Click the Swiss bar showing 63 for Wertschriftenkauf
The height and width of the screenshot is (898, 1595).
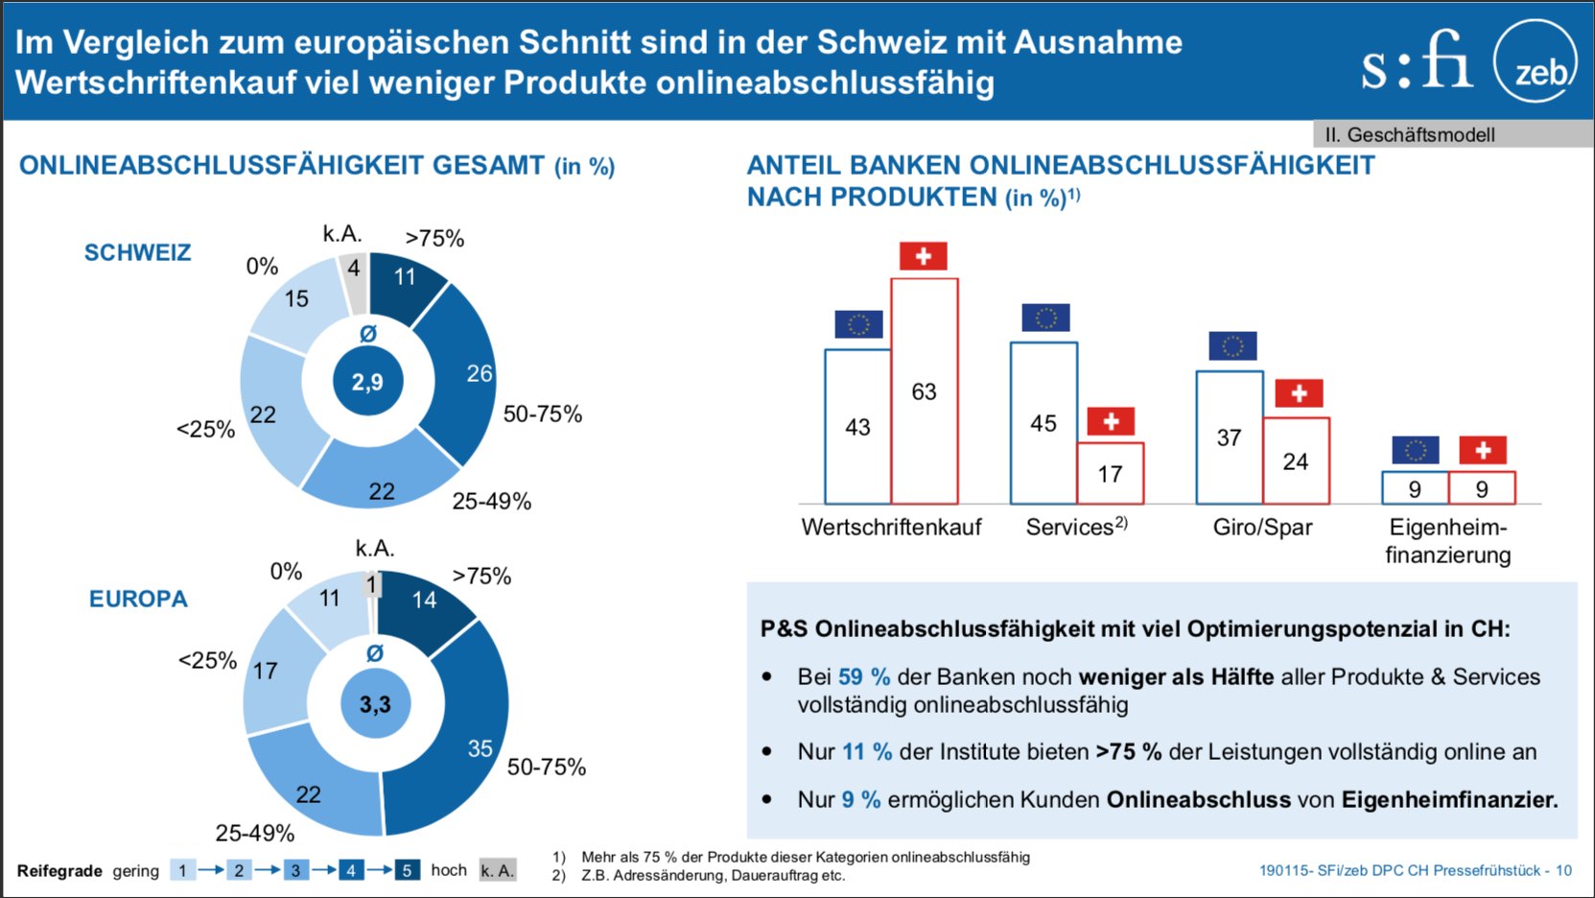click(924, 390)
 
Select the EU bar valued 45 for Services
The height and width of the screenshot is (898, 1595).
click(1044, 423)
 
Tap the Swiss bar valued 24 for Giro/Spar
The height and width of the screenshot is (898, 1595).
click(1296, 461)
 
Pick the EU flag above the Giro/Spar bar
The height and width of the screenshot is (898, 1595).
click(1232, 346)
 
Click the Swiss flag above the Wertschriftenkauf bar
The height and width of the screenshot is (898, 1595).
click(923, 256)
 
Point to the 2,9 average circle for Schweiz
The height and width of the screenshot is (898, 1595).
click(367, 382)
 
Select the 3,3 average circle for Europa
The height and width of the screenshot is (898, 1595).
click(375, 704)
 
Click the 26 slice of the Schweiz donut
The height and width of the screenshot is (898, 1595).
click(463, 374)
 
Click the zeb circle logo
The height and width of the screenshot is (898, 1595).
click(1535, 63)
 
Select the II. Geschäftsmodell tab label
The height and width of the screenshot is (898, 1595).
click(1410, 135)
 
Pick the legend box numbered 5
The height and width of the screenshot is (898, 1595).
click(407, 870)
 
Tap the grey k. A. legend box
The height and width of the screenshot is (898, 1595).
click(498, 870)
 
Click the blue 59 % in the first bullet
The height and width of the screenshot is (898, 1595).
click(863, 676)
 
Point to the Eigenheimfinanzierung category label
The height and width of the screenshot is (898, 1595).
click(1447, 541)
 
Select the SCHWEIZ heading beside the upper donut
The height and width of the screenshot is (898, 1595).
click(137, 252)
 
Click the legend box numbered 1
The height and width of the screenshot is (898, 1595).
click(182, 870)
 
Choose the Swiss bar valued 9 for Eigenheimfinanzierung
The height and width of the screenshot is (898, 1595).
click(1482, 489)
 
